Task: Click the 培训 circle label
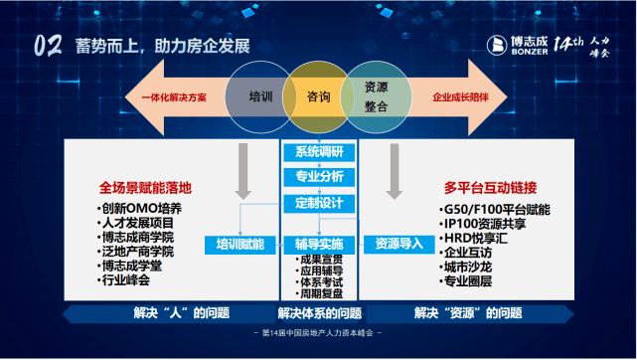point(261,97)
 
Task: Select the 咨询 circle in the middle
point(319,97)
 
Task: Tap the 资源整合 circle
point(376,97)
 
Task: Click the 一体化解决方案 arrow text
point(167,97)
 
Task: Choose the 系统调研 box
point(318,152)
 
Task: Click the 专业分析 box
point(318,176)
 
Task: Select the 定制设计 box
point(318,203)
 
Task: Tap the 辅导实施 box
point(318,244)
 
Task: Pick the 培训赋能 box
point(239,244)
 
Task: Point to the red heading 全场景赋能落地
point(145,187)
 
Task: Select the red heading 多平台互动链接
point(488,187)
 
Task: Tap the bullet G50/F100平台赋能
point(494,210)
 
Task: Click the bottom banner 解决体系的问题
point(318,313)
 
